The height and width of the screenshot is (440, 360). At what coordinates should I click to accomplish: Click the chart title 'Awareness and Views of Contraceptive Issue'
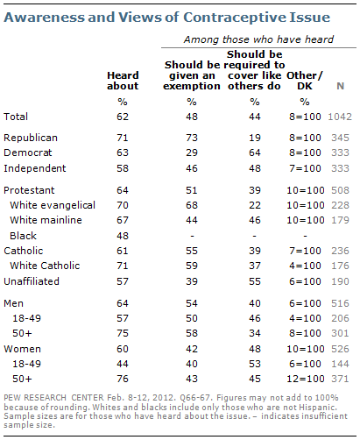(166, 18)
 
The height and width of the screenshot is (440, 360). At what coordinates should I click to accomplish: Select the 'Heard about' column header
(123, 81)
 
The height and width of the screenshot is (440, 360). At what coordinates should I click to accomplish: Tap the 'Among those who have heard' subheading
(258, 39)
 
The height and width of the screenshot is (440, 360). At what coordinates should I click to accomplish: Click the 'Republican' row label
(31, 138)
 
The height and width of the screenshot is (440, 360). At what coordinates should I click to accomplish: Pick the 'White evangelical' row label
(53, 205)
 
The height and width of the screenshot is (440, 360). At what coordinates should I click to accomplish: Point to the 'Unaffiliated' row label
(32, 281)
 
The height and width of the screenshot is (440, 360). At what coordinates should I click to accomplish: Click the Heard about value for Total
(123, 117)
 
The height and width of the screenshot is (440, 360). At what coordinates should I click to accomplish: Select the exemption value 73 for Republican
(192, 138)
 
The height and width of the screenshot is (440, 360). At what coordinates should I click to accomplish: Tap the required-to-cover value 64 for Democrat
(255, 153)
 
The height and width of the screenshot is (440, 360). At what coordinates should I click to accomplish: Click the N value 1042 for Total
(340, 117)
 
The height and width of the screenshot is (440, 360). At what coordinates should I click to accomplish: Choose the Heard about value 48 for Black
(123, 236)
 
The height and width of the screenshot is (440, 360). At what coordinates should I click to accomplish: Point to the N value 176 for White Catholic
(340, 266)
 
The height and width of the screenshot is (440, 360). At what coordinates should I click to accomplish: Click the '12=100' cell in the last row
(306, 379)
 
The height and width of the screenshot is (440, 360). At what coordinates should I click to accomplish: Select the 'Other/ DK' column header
(305, 81)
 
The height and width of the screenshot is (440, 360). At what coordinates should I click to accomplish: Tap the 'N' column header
(340, 86)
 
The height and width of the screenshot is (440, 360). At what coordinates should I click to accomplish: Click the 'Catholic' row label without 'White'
(24, 251)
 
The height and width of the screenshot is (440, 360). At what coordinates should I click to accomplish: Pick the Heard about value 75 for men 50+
(123, 333)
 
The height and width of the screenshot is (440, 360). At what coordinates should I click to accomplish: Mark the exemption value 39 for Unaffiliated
(192, 281)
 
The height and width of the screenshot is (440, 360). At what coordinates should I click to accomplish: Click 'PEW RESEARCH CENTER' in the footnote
(53, 398)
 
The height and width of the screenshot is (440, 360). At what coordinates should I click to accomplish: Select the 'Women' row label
(22, 349)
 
